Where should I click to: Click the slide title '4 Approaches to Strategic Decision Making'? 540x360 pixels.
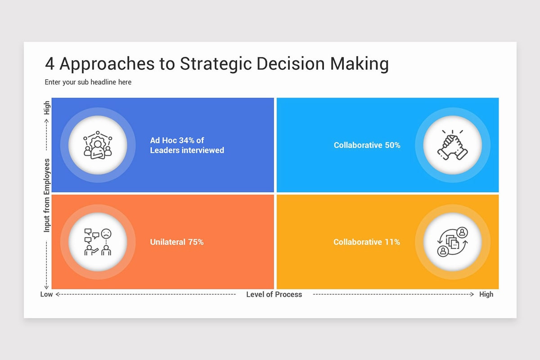point(216,64)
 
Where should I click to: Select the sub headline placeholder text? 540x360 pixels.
point(88,82)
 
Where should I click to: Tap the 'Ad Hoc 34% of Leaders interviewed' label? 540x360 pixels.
point(187,145)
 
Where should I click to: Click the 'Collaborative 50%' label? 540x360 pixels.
point(367,145)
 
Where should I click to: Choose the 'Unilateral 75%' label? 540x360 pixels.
point(177,242)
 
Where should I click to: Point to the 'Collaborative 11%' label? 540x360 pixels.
point(366,242)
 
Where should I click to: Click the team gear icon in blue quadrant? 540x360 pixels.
point(98,145)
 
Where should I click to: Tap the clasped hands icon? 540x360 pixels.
point(452,145)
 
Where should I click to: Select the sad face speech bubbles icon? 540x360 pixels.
point(98,242)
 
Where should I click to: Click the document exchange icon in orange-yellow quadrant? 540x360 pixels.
point(452,242)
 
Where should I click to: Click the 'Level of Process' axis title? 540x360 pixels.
point(274,294)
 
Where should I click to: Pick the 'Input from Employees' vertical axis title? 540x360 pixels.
point(47,195)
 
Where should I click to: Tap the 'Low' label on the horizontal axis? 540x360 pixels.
point(46,294)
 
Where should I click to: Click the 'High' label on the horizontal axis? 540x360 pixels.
point(486,294)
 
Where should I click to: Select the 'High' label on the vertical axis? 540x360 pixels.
point(47,108)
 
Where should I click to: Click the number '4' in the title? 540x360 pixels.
point(49,64)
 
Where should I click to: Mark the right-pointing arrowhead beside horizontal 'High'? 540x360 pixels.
point(472,294)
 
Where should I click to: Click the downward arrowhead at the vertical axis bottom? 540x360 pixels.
point(46,287)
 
